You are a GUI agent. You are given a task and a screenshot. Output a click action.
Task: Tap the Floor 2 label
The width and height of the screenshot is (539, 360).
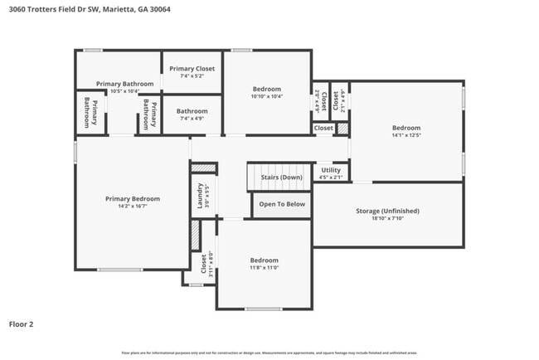(22, 324)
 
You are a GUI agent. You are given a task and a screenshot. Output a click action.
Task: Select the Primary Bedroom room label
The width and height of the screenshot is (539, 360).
(133, 198)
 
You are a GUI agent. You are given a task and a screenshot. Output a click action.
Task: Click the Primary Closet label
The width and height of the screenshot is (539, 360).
(192, 69)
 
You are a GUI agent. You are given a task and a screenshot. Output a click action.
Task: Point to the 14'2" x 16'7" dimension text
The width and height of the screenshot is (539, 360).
(133, 207)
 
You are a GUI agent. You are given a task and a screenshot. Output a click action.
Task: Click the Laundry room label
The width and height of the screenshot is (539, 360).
(200, 196)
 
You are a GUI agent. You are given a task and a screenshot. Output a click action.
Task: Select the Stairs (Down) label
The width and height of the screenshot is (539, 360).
(282, 178)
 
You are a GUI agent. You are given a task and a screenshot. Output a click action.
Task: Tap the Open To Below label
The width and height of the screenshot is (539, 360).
(282, 204)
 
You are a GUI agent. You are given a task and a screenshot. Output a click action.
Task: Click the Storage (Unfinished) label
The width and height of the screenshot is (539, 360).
(387, 212)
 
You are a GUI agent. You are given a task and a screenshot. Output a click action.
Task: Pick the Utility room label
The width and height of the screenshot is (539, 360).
(331, 170)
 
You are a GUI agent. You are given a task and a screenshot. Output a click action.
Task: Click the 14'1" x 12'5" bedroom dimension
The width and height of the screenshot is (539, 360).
(406, 135)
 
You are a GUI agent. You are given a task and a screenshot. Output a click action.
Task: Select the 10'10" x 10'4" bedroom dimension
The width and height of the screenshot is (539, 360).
(267, 96)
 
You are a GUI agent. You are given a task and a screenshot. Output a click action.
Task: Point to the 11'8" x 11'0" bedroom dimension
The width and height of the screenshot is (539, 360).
(265, 268)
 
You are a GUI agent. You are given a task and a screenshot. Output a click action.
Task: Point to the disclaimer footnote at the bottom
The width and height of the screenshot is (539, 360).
(269, 353)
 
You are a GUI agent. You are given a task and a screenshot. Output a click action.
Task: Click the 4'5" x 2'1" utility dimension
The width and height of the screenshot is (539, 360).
(331, 178)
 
